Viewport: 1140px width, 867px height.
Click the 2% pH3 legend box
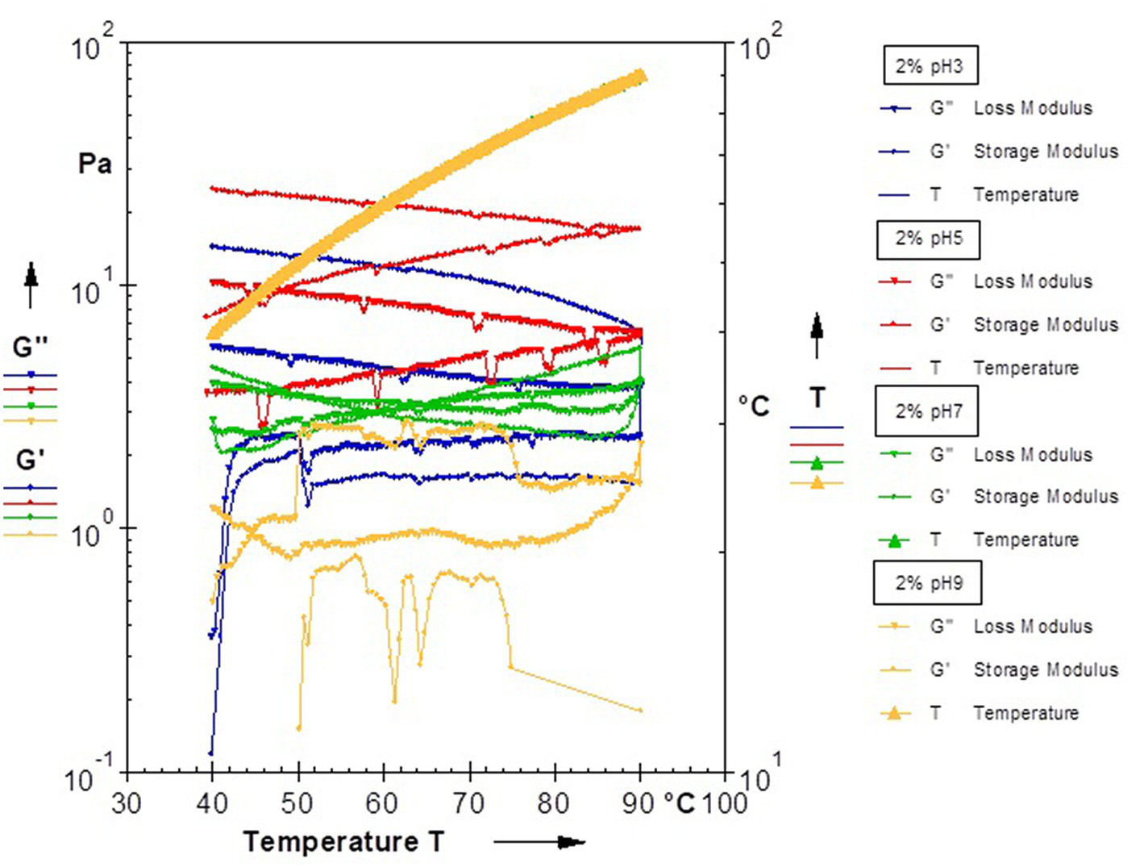click(x=929, y=65)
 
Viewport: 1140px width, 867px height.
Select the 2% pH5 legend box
click(x=928, y=239)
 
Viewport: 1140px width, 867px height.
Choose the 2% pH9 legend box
click(x=928, y=583)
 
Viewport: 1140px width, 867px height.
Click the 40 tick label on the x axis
click(x=212, y=803)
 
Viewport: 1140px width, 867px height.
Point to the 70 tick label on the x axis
click(x=469, y=803)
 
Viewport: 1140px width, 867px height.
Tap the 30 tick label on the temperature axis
click(x=127, y=803)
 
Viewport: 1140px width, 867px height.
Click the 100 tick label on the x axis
click(x=724, y=803)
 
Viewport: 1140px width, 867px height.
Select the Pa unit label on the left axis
click(x=94, y=164)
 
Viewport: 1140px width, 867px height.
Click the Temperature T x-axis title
click(x=343, y=842)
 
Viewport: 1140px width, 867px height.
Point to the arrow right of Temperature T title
click(x=540, y=843)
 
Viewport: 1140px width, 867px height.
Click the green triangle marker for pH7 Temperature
click(x=894, y=540)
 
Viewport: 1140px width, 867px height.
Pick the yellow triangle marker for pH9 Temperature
click(x=894, y=713)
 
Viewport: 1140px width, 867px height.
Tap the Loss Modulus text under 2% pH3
click(x=1033, y=108)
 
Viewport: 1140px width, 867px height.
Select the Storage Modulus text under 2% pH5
click(x=1046, y=325)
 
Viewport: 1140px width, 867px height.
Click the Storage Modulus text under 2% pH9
click(x=1046, y=670)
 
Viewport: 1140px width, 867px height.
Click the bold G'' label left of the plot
click(x=31, y=348)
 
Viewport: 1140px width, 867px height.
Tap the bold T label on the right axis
click(x=818, y=398)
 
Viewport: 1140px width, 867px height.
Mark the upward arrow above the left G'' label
click(x=31, y=284)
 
